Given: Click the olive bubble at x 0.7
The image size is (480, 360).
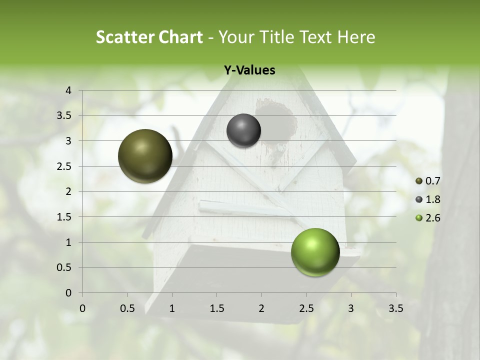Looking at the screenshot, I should click(145, 156).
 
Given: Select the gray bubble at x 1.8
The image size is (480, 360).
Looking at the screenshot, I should click(243, 130).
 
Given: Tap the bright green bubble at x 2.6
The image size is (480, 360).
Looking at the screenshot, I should click(315, 252).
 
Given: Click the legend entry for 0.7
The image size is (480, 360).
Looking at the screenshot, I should click(428, 181).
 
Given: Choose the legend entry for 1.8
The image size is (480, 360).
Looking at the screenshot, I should click(428, 199).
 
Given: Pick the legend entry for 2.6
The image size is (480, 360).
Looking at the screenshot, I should click(428, 218).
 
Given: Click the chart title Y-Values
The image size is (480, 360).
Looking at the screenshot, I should click(249, 70).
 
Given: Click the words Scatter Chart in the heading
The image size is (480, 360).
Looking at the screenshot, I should click(149, 37).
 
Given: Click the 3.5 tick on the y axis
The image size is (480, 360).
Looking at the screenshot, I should click(64, 116).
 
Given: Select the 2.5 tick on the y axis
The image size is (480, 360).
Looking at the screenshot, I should click(64, 166).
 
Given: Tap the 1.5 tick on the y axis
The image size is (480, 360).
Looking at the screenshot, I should click(64, 217).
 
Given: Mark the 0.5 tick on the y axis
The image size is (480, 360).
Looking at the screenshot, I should click(64, 267).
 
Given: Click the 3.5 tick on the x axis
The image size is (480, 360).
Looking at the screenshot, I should click(395, 308).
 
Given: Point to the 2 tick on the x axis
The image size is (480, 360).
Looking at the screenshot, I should click(261, 308).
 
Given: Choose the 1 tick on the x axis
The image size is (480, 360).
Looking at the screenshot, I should click(172, 308).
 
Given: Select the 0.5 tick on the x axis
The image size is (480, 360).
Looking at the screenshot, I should click(127, 308).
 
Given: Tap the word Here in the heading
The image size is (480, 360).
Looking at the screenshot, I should click(356, 37).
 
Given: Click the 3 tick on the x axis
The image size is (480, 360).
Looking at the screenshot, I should click(351, 308).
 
